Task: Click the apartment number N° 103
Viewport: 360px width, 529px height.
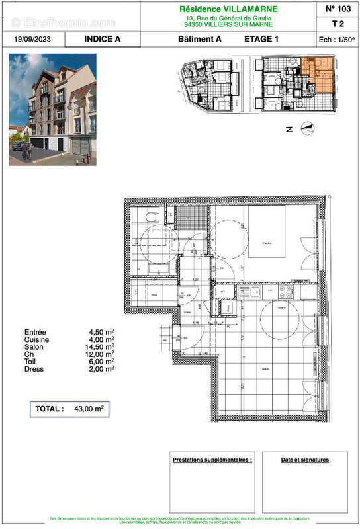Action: [339, 9]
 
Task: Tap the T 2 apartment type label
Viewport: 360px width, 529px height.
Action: [339, 24]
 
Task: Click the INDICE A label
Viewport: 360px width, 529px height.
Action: [103, 39]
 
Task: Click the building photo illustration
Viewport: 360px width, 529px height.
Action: [52, 109]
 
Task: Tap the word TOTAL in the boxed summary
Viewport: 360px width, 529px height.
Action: [49, 409]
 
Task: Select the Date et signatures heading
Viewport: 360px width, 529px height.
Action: [304, 460]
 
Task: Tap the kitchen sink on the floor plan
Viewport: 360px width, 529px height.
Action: [251, 292]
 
